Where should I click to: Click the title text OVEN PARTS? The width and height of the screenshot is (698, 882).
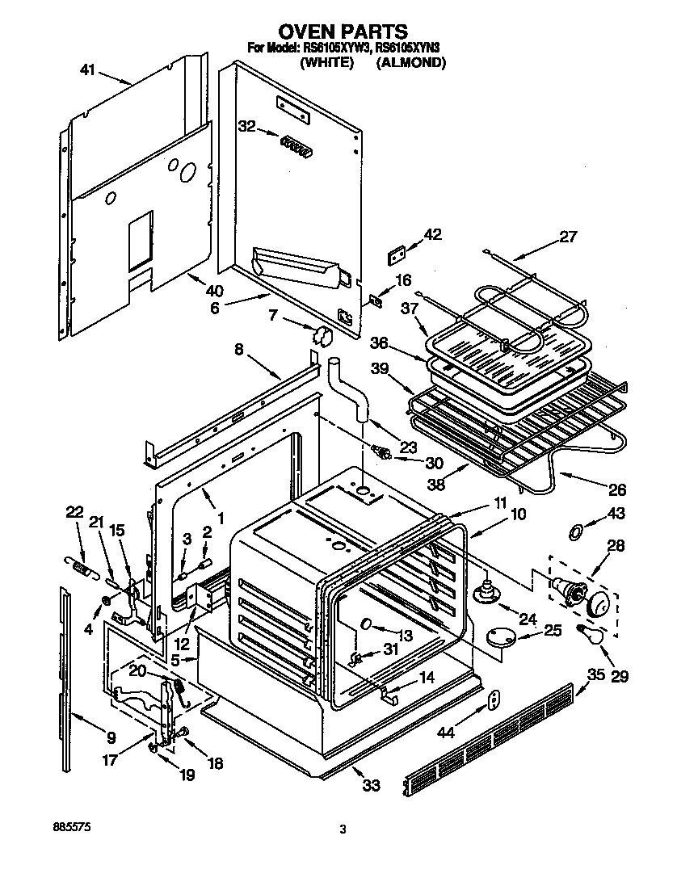click(x=343, y=31)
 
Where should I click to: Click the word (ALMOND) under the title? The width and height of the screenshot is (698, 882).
click(x=410, y=62)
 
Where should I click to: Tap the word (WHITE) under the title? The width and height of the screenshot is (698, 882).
click(x=327, y=62)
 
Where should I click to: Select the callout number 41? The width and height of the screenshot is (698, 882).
click(x=90, y=70)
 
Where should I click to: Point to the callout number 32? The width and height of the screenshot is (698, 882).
click(x=246, y=126)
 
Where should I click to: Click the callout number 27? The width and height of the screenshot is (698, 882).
click(x=569, y=237)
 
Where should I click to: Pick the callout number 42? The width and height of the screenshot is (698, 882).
click(x=433, y=234)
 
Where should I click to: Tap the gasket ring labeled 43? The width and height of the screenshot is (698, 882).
click(x=574, y=531)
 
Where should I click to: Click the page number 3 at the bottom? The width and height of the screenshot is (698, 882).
click(x=343, y=829)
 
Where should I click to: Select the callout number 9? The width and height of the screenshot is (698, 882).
click(x=111, y=737)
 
